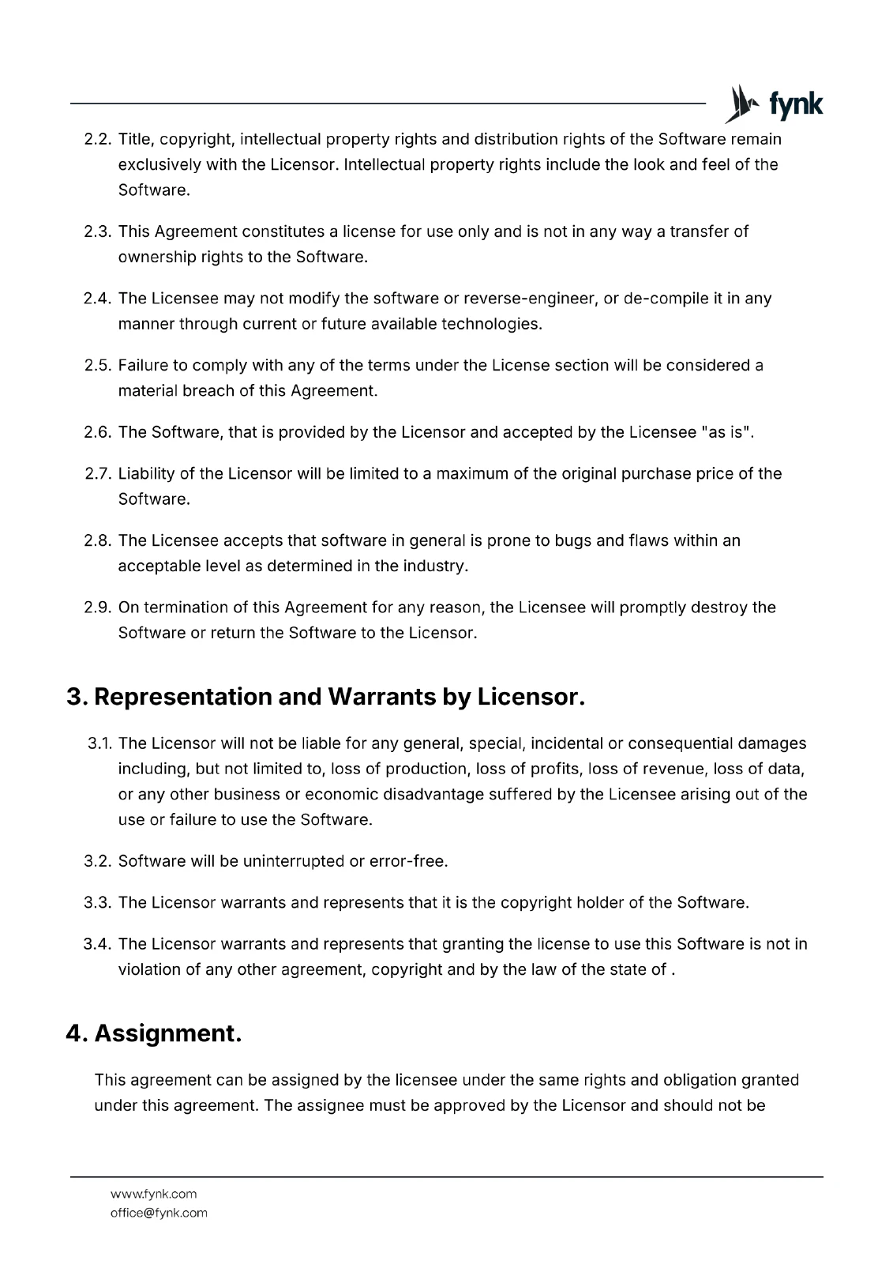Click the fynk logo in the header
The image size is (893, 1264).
(774, 104)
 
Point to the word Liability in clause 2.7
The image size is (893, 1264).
(146, 474)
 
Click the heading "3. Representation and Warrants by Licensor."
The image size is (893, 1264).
(325, 698)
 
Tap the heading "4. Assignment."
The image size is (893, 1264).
(154, 1033)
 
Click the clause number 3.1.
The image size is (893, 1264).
(99, 744)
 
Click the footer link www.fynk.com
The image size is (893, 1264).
(153, 1194)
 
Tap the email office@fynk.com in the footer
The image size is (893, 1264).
(159, 1213)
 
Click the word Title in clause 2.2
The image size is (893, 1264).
(136, 140)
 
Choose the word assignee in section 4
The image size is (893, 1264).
(328, 1105)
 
